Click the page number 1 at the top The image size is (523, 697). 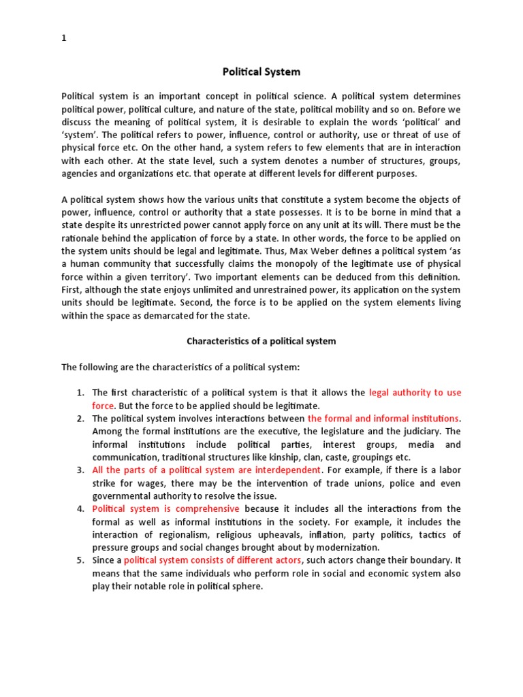[64, 39]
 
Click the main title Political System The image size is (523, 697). [261, 71]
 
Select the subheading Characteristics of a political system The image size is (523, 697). [261, 341]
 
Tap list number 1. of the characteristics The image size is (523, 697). [80, 393]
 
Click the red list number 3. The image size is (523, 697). [80, 470]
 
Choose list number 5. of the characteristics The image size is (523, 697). [80, 561]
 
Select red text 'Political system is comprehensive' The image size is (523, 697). [165, 509]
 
